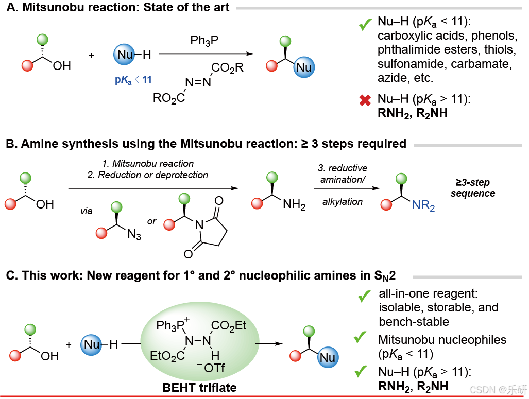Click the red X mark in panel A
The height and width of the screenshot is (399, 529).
(x=365, y=101)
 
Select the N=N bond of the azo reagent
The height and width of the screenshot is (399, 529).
(x=197, y=82)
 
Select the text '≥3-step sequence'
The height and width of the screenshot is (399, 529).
(x=472, y=188)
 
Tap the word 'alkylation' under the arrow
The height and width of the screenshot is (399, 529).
(x=343, y=202)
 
